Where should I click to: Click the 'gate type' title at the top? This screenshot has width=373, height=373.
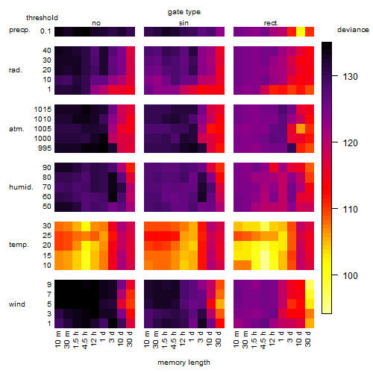pyautogui.click(x=184, y=12)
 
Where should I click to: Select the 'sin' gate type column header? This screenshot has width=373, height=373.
pyautogui.click(x=184, y=23)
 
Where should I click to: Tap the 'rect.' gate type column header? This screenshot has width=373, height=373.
pyautogui.click(x=272, y=23)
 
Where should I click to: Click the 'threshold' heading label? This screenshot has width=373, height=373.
pyautogui.click(x=42, y=18)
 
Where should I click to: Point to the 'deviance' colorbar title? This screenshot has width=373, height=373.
pyautogui.click(x=353, y=30)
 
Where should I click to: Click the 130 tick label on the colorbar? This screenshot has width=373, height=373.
pyautogui.click(x=351, y=77)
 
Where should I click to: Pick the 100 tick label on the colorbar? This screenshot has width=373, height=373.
pyautogui.click(x=351, y=275)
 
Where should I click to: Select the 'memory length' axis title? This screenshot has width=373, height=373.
pyautogui.click(x=184, y=363)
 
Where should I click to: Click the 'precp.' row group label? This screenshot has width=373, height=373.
pyautogui.click(x=19, y=30)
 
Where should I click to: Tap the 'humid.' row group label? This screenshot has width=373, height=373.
pyautogui.click(x=21, y=186)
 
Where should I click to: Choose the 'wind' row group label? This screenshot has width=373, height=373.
pyautogui.click(x=17, y=304)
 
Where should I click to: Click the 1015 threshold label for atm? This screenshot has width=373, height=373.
pyautogui.click(x=43, y=109)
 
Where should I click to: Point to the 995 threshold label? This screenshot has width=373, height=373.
pyautogui.click(x=45, y=148)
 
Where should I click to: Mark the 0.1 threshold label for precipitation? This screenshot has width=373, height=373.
pyautogui.click(x=46, y=31)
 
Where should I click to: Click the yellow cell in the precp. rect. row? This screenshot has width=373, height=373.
pyautogui.click(x=301, y=31)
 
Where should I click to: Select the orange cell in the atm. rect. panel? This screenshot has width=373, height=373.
pyautogui.click(x=301, y=128)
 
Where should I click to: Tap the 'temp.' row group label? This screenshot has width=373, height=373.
pyautogui.click(x=19, y=245)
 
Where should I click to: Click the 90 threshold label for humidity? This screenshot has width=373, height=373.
pyautogui.click(x=47, y=167)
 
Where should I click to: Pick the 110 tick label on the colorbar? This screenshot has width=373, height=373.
pyautogui.click(x=351, y=210)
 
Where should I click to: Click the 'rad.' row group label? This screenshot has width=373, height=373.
pyautogui.click(x=16, y=70)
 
